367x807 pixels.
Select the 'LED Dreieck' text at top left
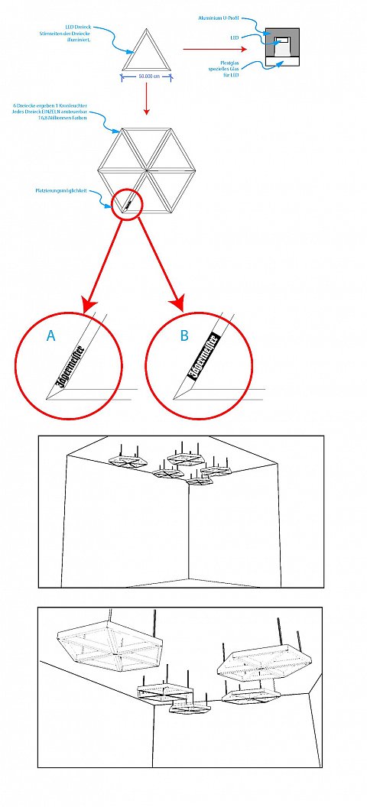[79, 24]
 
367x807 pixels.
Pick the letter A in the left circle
[50, 335]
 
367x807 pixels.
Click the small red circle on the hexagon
[127, 205]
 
